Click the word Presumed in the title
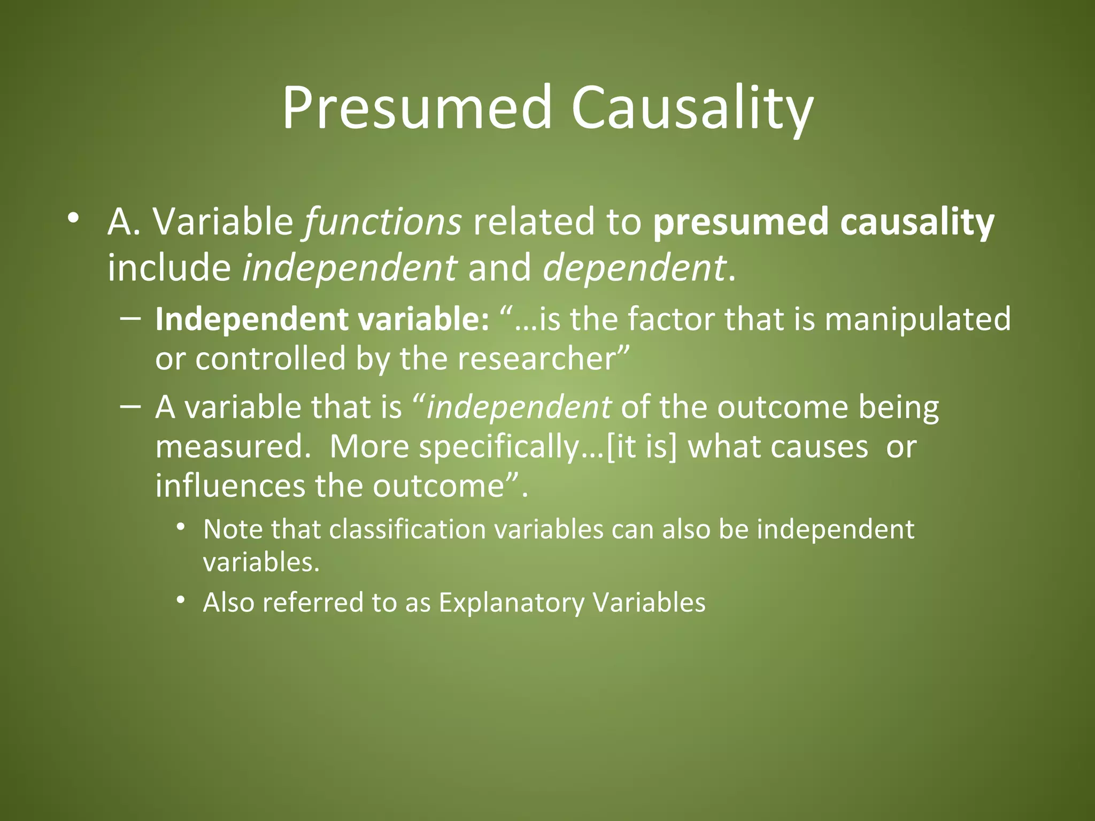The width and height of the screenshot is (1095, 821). tap(417, 108)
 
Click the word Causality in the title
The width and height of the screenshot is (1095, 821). tap(692, 108)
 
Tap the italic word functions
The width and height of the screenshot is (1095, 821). tap(383, 222)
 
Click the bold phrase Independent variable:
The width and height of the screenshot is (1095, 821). tap(322, 319)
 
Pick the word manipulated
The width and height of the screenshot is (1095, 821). tap(917, 319)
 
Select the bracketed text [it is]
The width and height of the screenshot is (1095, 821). tap(642, 446)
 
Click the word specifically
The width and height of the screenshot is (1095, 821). tap(499, 446)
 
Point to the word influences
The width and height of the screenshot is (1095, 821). tap(230, 486)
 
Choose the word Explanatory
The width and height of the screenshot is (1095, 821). tap(511, 602)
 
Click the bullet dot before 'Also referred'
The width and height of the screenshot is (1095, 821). tap(181, 600)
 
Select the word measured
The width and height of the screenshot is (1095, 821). tap(233, 446)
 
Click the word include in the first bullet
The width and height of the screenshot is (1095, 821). tap(169, 267)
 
